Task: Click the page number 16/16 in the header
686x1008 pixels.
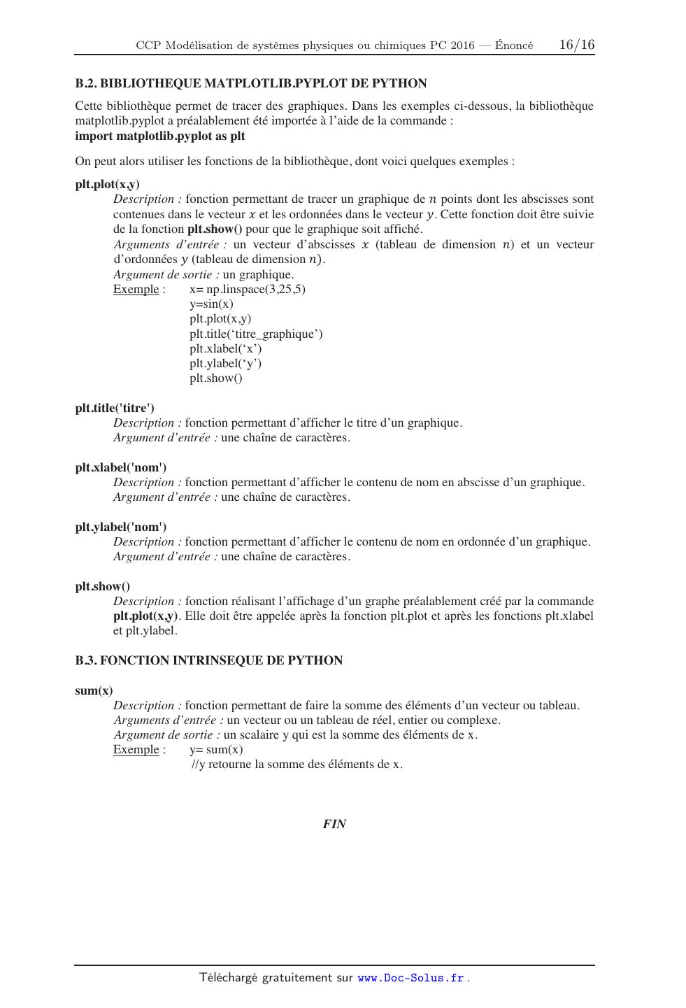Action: tap(577, 45)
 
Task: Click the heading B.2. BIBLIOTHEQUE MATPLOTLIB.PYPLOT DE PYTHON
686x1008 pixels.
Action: tap(250, 83)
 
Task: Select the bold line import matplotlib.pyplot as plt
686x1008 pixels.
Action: tap(160, 136)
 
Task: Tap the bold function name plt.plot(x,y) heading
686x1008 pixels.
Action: tap(107, 185)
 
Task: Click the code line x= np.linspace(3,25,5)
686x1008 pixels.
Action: tap(248, 289)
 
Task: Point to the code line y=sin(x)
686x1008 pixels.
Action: tap(211, 304)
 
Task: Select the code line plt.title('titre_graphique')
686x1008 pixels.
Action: tap(256, 334)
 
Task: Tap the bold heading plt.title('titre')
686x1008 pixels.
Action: tap(115, 408)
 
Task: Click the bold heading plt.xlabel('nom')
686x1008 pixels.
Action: tap(121, 467)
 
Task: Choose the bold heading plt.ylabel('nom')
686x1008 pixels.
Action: tap(121, 527)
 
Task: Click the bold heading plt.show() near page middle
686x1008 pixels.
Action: tap(102, 586)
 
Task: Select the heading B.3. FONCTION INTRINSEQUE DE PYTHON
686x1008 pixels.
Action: tap(209, 660)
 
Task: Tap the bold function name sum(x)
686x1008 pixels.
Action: tap(94, 690)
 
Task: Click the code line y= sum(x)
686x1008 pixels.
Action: tap(216, 749)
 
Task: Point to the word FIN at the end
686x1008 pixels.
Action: tap(334, 824)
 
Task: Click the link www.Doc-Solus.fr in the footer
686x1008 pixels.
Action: tap(410, 978)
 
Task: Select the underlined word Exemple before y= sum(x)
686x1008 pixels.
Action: tap(136, 749)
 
